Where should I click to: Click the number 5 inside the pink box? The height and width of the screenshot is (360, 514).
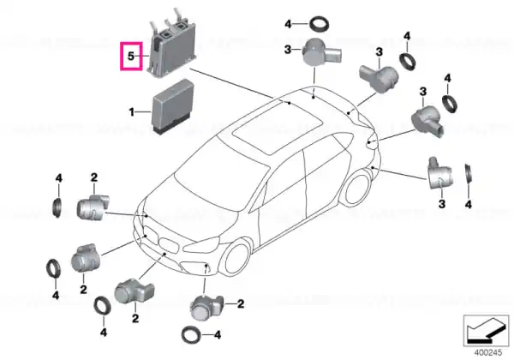pyautogui.click(x=131, y=56)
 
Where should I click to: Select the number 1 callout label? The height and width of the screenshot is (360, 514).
pyautogui.click(x=131, y=112)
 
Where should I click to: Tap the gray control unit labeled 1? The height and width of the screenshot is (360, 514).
pyautogui.click(x=173, y=106)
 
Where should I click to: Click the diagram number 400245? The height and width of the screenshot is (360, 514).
pyautogui.click(x=488, y=353)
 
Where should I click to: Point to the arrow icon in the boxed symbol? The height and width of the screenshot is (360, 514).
pyautogui.click(x=486, y=330)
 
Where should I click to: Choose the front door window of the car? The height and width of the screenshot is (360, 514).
pyautogui.click(x=284, y=180)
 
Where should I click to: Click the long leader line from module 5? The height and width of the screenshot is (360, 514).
pyautogui.click(x=231, y=83)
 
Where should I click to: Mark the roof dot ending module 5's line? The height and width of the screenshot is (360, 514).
pyautogui.click(x=290, y=103)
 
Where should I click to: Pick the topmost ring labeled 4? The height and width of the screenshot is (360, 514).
pyautogui.click(x=320, y=24)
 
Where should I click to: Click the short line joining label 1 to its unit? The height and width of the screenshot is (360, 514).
pyautogui.click(x=143, y=112)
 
